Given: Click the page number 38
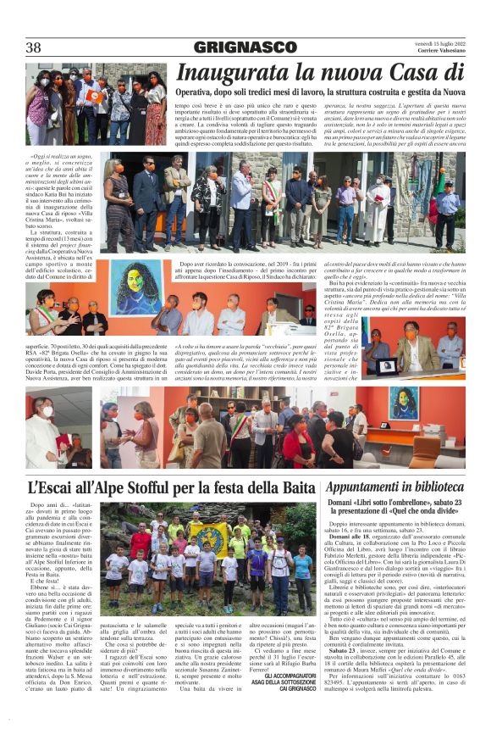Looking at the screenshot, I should tap(33, 47).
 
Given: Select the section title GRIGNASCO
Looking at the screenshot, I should tap(245, 47).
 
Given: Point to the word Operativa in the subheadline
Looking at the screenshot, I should tap(199, 92).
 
